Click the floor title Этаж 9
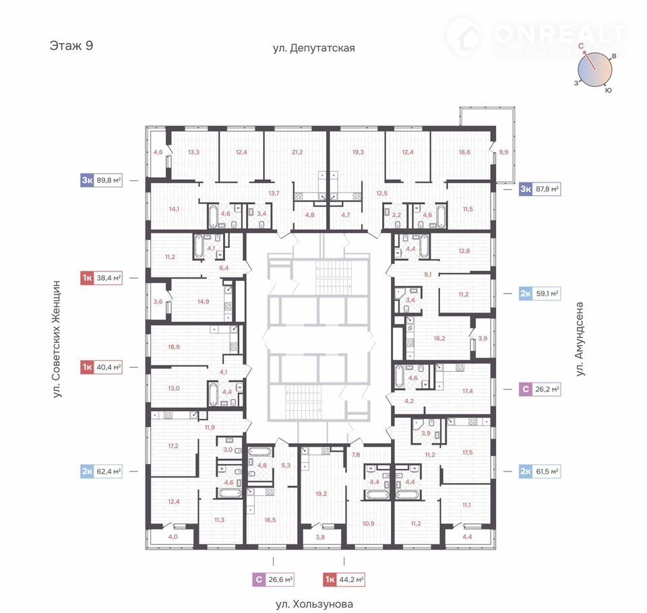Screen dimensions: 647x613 click(71, 45)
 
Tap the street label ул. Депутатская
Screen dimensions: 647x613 click(313, 49)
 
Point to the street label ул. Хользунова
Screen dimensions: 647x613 click(315, 604)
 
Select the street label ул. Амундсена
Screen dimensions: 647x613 click(580, 339)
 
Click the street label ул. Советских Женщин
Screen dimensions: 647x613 click(57, 339)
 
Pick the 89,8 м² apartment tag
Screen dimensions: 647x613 click(101, 181)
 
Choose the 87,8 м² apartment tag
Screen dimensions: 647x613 click(540, 189)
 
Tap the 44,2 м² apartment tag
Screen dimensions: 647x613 click(344, 579)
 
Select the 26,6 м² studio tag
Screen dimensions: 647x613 click(273, 579)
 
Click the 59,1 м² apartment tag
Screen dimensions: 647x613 click(540, 294)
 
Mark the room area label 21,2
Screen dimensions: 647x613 click(297, 152)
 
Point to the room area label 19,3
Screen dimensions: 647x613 click(358, 152)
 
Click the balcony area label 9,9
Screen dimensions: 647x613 click(503, 152)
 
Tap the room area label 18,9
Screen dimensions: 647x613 click(174, 347)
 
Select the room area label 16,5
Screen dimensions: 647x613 click(270, 520)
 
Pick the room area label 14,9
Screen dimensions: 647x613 click(203, 302)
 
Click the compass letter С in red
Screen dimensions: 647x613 click(581, 46)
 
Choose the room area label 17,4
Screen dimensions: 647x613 click(468, 391)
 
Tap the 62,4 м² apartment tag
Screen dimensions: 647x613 click(101, 471)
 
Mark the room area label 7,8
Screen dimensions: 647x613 click(356, 455)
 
